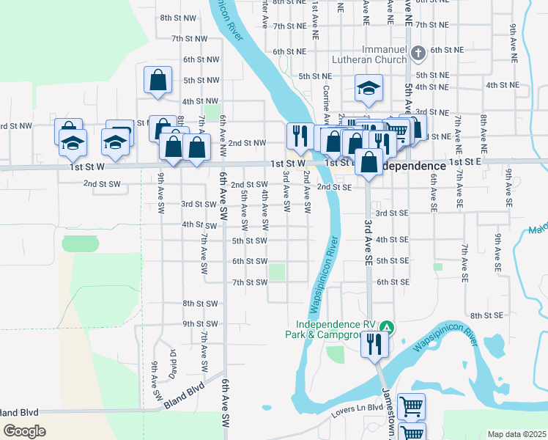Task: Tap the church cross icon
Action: coord(418,53)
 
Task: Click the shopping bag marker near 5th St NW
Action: coord(158,81)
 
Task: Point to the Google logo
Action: coord(24,431)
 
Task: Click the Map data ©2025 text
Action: coord(516,434)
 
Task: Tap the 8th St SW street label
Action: coord(201,303)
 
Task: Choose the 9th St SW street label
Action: coord(201,323)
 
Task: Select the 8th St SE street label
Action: coord(486,315)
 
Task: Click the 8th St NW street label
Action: coord(178,17)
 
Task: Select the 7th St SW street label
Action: coord(250,282)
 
